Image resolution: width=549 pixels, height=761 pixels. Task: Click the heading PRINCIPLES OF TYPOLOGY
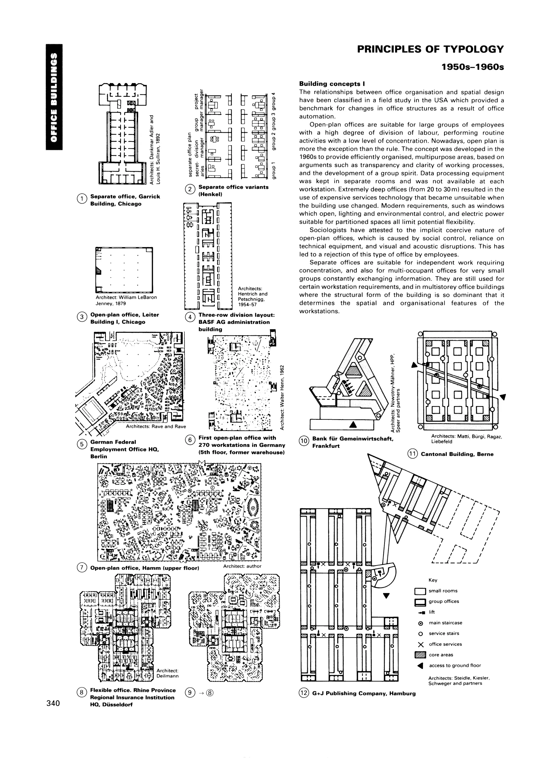click(430, 49)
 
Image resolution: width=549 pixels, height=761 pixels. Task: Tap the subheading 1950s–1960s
click(473, 67)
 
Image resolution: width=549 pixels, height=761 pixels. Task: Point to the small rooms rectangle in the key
click(420, 591)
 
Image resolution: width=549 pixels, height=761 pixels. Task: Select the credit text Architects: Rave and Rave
click(155, 427)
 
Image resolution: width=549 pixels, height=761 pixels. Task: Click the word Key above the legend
click(433, 580)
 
